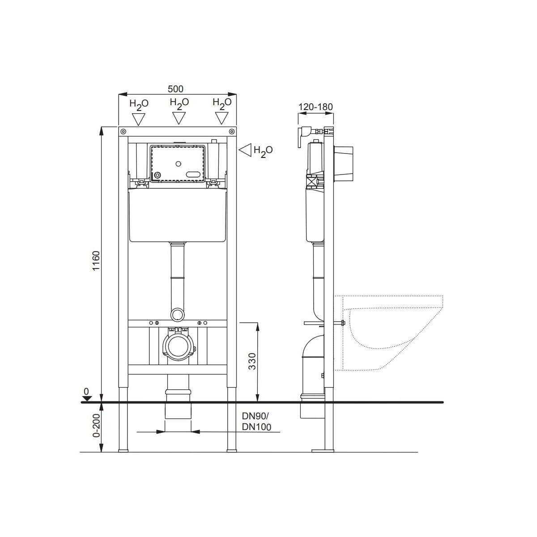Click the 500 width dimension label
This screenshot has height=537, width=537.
pos(175,89)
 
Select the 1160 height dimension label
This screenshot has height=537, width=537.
pos(96,260)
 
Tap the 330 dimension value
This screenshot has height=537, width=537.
pos(252,361)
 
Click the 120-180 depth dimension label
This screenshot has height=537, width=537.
pos(315,107)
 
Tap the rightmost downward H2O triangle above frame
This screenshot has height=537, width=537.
pos(222,118)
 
